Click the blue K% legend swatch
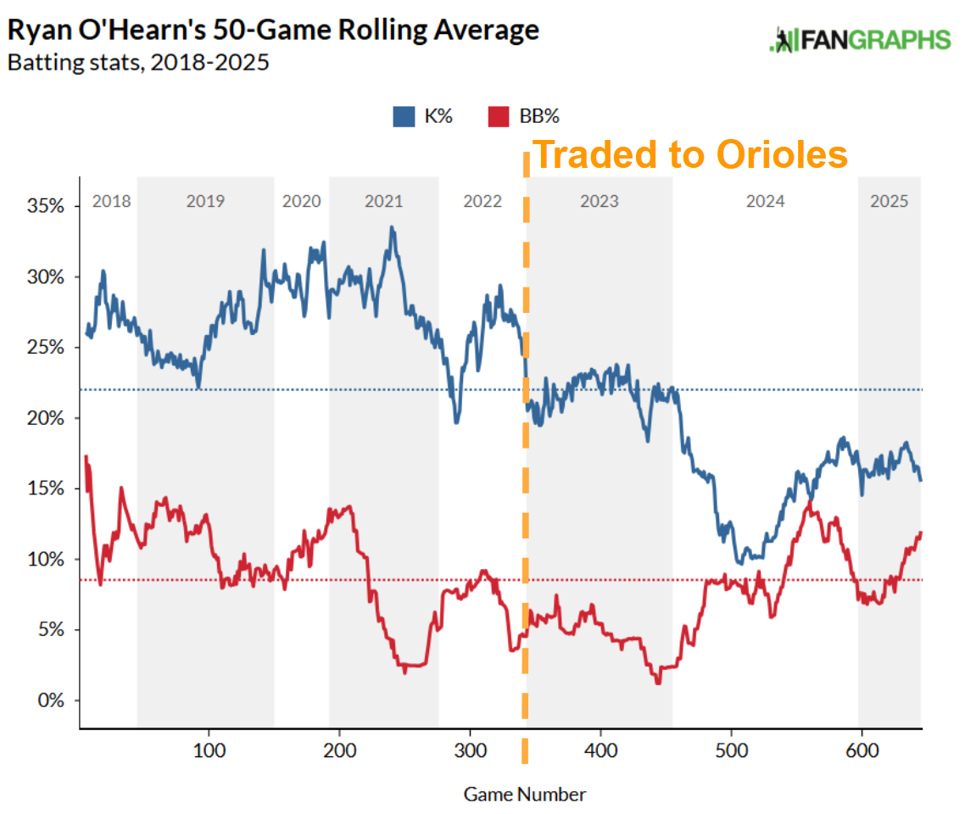point(403,116)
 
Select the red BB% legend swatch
point(499,116)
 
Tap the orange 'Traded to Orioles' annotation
point(691,155)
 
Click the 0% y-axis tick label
point(51,700)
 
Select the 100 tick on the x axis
point(209,752)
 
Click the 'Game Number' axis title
point(524,794)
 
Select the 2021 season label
point(384,202)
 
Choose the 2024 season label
point(765,202)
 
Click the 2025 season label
point(890,202)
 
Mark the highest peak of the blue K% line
point(391,227)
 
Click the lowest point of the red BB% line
point(658,683)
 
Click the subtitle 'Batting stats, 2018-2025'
point(138,63)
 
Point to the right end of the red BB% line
point(921,532)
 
